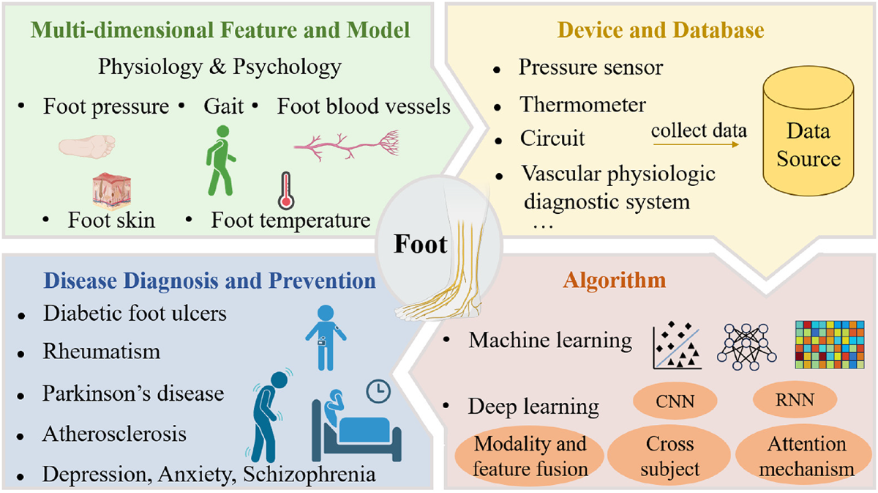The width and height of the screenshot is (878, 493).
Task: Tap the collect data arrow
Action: pos(696,144)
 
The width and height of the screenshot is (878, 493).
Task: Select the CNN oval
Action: pos(675,401)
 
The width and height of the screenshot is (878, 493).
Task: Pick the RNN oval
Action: pos(795,399)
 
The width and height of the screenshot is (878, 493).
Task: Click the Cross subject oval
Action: pos(669,456)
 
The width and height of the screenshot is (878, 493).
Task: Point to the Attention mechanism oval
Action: pos(806,456)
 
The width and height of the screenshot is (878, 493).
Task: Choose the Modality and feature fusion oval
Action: pos(530,456)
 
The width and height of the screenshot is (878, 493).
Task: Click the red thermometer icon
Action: pos(286,190)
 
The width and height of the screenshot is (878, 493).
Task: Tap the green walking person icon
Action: pos(221,160)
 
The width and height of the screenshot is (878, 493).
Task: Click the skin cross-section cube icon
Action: pos(112,191)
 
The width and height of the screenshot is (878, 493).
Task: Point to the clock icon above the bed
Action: pos(378,391)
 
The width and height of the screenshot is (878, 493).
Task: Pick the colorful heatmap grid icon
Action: pos(830,344)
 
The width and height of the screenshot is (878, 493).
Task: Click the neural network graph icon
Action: pos(747,346)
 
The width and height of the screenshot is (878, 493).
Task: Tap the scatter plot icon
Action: pos(677,346)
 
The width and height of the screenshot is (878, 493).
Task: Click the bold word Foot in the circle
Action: pos(420,244)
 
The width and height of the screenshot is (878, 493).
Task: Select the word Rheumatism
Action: pos(102,351)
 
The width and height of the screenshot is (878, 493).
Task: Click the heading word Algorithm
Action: pos(614,281)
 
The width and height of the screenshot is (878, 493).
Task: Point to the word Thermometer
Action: pos(582,105)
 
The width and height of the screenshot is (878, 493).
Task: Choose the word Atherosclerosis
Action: pos(114,434)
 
